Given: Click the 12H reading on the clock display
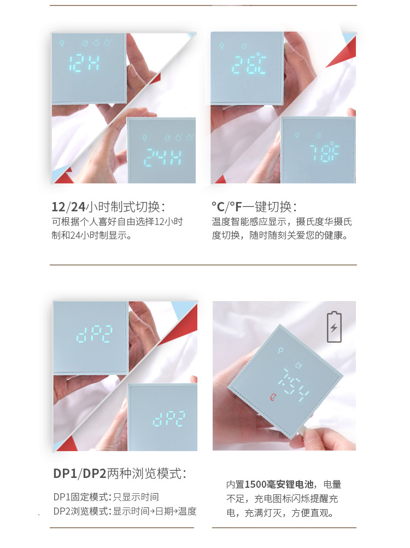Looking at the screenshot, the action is tap(84, 64).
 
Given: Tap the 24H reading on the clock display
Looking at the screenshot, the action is tap(162, 157).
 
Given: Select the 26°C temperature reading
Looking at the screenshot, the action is tap(249, 64).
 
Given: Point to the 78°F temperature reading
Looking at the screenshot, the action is tap(325, 151).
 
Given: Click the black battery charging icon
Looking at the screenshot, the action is tap(334, 327).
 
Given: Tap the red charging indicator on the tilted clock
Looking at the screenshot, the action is tap(273, 397).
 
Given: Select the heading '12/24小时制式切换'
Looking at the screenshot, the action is tap(109, 207).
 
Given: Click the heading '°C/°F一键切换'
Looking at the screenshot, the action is tap(254, 207).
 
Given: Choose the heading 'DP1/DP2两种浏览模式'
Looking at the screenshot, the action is tap(120, 474).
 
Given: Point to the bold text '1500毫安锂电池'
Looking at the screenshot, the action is tap(279, 484).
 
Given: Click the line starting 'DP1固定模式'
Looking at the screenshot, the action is tap(106, 497).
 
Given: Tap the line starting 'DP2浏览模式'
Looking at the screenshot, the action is tap(125, 511).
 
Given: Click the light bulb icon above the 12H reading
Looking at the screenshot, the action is tap(62, 43).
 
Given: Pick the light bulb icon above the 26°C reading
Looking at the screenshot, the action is tap(221, 46).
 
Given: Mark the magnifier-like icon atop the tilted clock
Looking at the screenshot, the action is tap(280, 350).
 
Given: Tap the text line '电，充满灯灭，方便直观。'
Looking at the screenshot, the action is tap(280, 513).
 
